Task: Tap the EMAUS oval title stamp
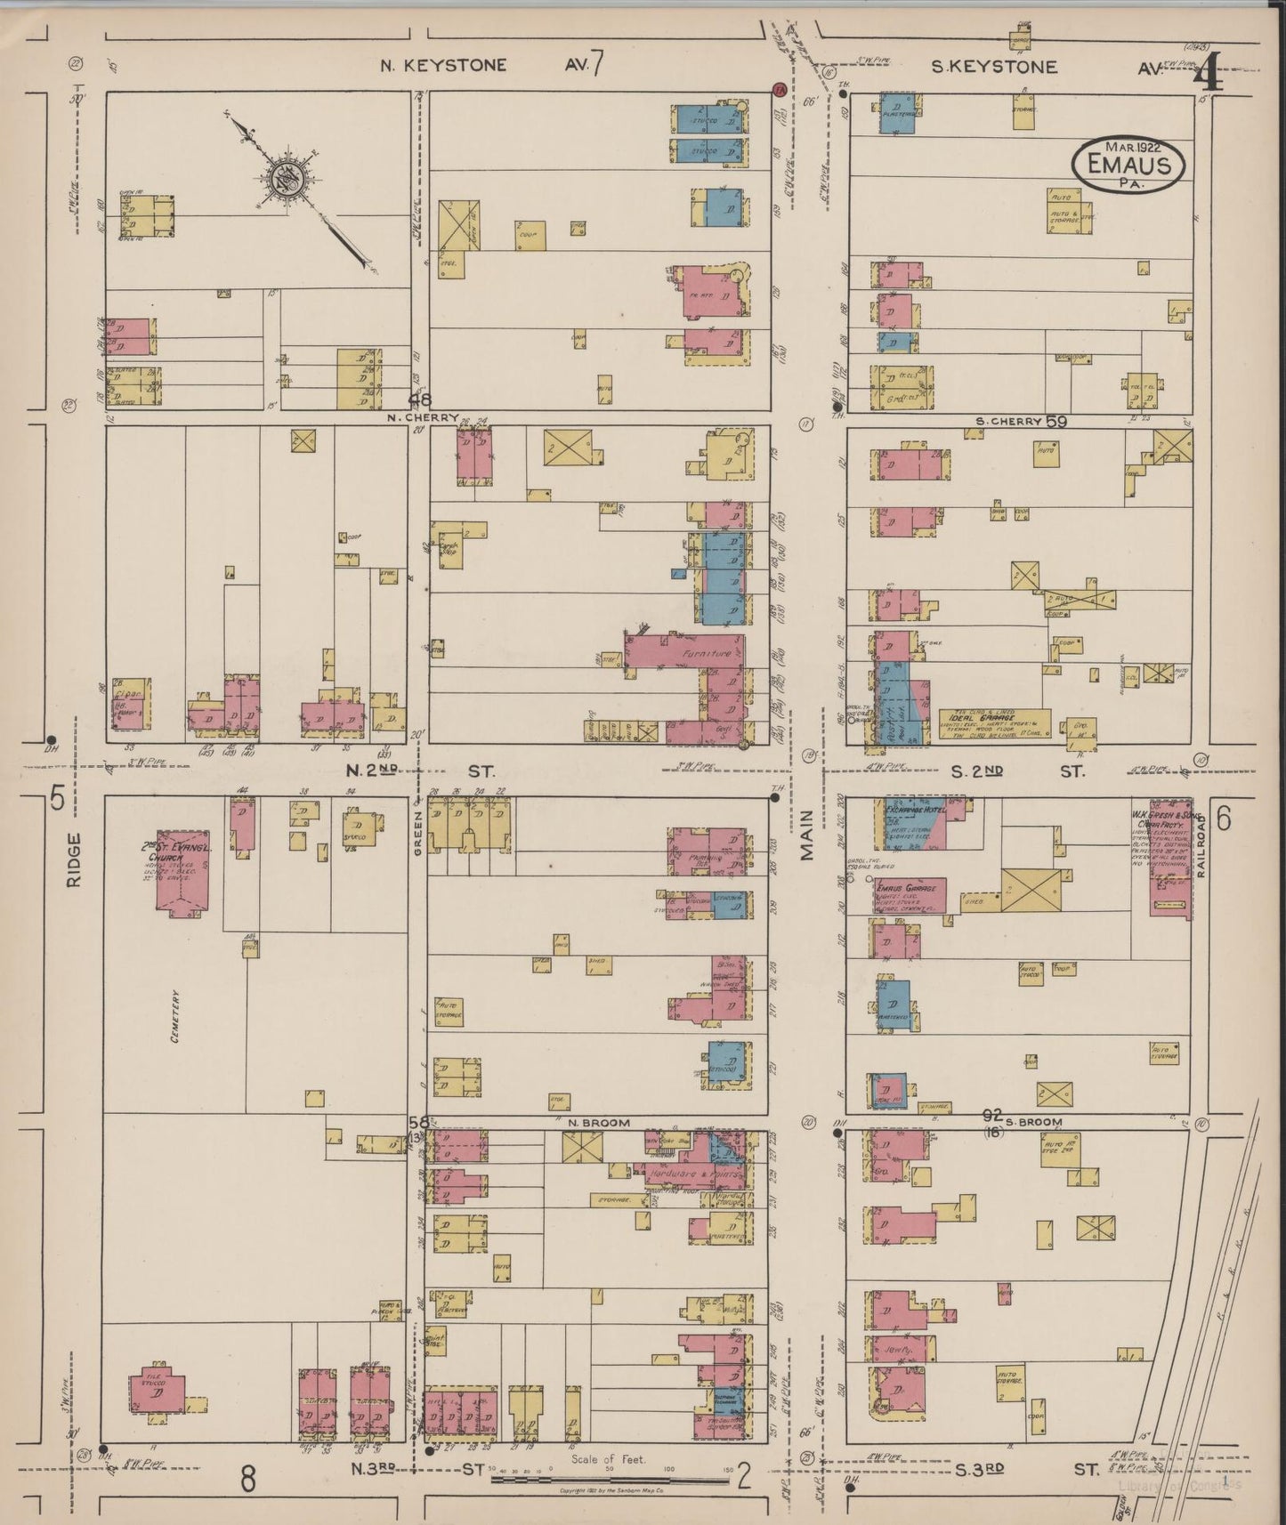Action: click(1128, 164)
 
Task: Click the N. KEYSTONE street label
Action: click(443, 65)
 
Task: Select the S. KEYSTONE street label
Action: click(994, 67)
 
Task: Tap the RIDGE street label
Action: click(73, 859)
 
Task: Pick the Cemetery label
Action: click(177, 1017)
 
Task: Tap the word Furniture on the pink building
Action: click(706, 653)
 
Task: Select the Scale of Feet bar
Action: click(610, 1480)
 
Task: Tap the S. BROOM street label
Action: click(1035, 1123)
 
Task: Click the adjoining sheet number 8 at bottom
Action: click(247, 1479)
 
